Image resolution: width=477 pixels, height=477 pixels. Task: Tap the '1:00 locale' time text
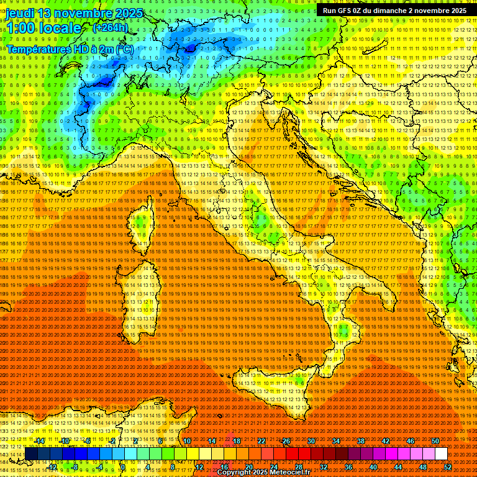pos(43,28)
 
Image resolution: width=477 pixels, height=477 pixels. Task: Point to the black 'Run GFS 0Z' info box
pos(394,11)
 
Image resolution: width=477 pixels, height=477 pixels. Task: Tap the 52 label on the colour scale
pos(448,467)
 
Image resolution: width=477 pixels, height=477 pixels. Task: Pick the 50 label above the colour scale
pos(435,441)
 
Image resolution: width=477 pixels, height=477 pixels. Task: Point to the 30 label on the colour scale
pos(311,441)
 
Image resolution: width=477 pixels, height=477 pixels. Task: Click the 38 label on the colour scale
pos(361,441)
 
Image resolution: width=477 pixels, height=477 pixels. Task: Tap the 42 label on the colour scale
pos(386,441)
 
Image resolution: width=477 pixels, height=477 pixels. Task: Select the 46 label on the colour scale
pos(411,441)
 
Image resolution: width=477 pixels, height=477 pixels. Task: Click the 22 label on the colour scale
pos(261,441)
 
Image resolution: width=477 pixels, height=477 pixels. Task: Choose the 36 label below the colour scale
pos(348,467)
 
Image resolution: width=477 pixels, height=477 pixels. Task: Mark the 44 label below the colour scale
pos(398,467)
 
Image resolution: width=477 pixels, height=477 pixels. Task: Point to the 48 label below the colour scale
pos(423,467)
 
